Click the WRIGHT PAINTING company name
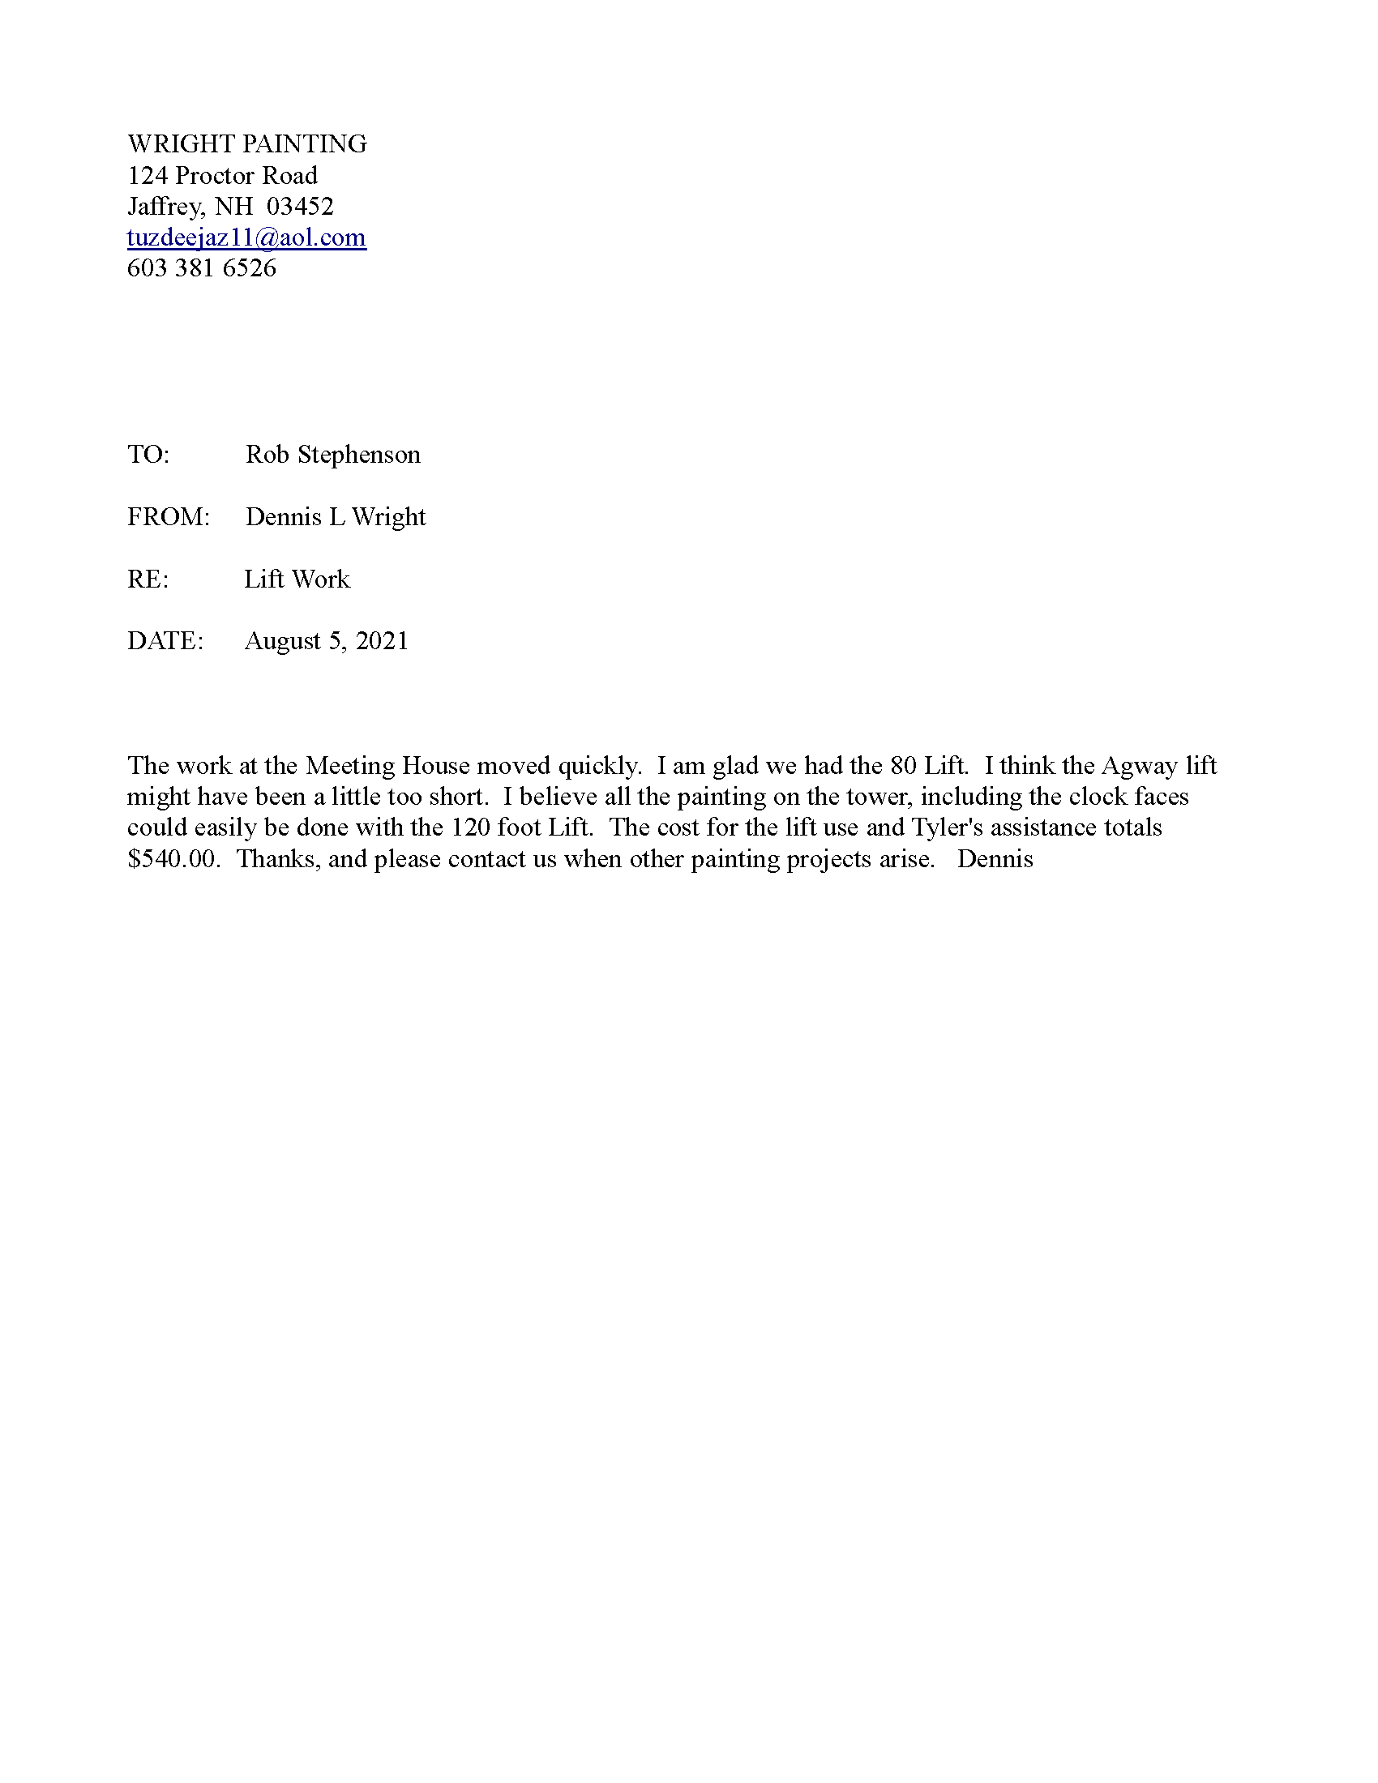(x=246, y=144)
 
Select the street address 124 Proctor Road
(x=222, y=176)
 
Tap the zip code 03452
(x=301, y=207)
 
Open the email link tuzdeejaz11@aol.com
(x=246, y=237)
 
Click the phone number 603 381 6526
(x=202, y=268)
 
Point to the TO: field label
(x=148, y=455)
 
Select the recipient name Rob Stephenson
(x=333, y=455)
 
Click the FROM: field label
(x=168, y=517)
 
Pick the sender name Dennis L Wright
(x=336, y=517)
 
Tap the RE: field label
(x=148, y=579)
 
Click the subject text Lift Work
(x=297, y=579)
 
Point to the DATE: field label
(x=165, y=642)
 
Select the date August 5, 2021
(x=327, y=642)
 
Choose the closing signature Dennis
(x=995, y=860)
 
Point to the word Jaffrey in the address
(x=163, y=207)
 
